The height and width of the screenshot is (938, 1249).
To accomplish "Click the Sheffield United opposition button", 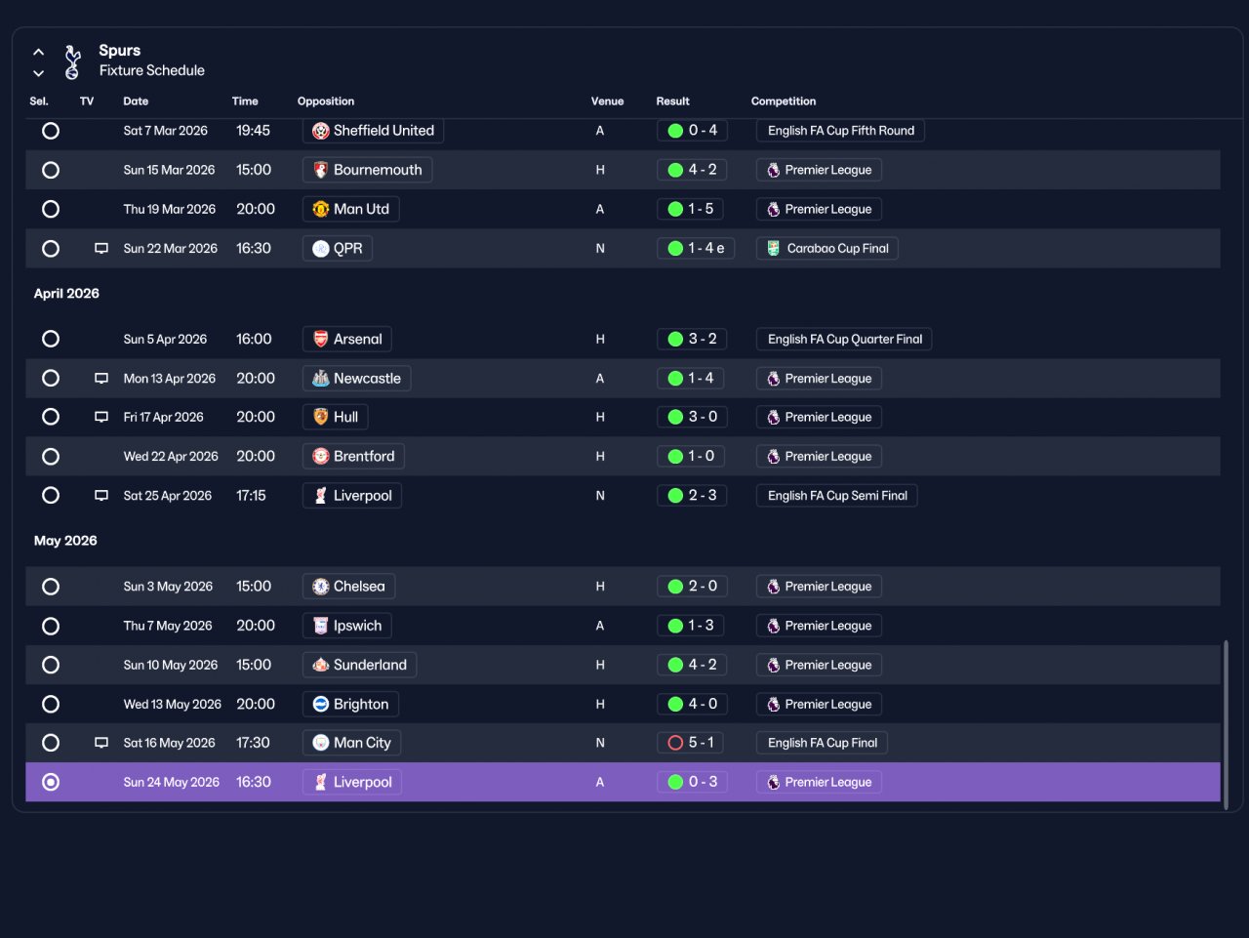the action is (x=373, y=131).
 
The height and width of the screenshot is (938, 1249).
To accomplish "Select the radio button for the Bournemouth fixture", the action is (x=51, y=170).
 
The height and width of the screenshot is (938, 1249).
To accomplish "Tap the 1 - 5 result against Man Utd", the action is (x=690, y=209).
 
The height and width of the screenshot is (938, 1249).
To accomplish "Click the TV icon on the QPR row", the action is (x=101, y=248).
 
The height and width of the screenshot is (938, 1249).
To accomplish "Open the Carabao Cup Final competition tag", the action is (x=826, y=248).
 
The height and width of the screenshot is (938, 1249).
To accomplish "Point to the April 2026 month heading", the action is (x=66, y=293).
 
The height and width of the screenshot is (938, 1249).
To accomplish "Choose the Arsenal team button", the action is (x=347, y=339).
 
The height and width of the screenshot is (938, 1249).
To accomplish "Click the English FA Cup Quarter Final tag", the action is (x=844, y=339).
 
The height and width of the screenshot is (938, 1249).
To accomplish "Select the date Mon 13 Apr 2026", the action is (x=170, y=379).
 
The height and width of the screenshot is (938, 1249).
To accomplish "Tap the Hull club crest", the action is (x=321, y=417).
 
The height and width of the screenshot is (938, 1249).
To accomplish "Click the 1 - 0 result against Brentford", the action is (x=691, y=456).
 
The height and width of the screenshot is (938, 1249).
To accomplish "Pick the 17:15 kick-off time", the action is (x=251, y=495).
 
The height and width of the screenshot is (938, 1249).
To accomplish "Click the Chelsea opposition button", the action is (x=348, y=587).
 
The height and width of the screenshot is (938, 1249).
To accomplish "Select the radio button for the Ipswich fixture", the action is (x=51, y=626).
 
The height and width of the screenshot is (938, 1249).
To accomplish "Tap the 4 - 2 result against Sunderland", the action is (x=692, y=665).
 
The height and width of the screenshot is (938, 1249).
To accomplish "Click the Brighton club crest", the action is (x=321, y=704).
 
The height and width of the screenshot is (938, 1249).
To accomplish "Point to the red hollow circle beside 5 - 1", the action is (x=675, y=743).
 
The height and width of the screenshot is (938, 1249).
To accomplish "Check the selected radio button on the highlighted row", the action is (x=51, y=782).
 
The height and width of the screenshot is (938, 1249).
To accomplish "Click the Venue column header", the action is (x=607, y=102).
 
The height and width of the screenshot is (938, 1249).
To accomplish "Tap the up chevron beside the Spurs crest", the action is (x=39, y=52).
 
